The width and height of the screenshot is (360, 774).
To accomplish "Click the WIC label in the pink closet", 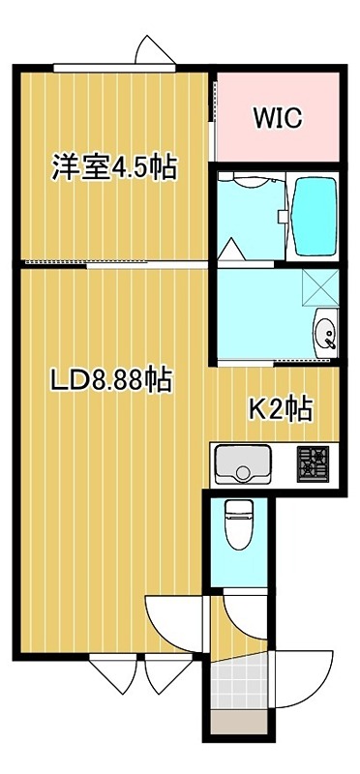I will click(x=278, y=118).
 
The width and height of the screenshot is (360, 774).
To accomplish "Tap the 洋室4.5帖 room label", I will click(x=113, y=167).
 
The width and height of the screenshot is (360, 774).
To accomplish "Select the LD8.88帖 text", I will click(x=110, y=380).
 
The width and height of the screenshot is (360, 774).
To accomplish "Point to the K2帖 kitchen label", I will click(x=281, y=409).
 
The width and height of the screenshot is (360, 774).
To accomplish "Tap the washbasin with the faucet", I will click(x=326, y=334).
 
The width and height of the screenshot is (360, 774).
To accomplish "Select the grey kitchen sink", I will click(x=244, y=465).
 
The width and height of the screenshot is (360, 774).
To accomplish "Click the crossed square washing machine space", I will click(x=316, y=287).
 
